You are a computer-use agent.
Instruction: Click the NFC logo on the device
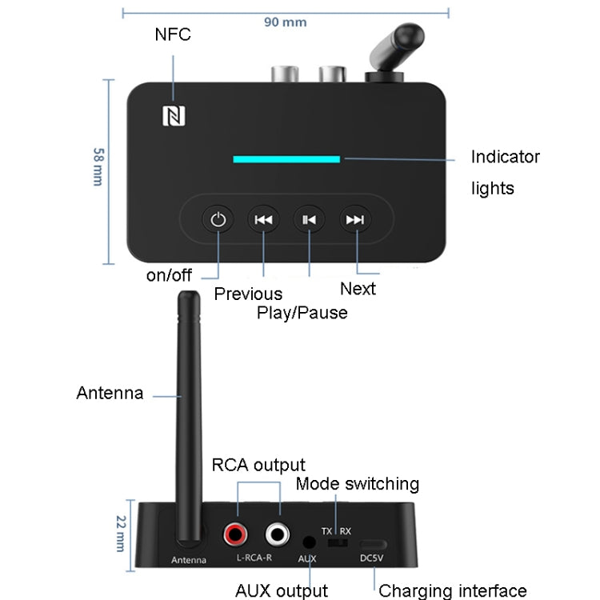pos(174,117)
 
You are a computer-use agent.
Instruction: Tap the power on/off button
pos(218,219)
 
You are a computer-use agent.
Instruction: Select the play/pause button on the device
pos(310,219)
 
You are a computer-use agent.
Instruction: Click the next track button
pos(355,219)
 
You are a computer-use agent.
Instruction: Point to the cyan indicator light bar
pos(286,158)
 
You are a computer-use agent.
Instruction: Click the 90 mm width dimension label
pos(285,22)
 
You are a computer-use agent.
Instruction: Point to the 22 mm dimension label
pos(121,532)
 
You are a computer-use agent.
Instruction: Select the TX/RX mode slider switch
pos(338,543)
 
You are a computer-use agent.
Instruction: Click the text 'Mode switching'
pos(357,484)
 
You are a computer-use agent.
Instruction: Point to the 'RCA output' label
pos(258,465)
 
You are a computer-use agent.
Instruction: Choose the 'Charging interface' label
pos(452,591)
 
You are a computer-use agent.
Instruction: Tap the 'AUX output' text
pos(282,590)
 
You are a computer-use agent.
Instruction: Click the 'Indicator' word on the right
pos(505,157)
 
